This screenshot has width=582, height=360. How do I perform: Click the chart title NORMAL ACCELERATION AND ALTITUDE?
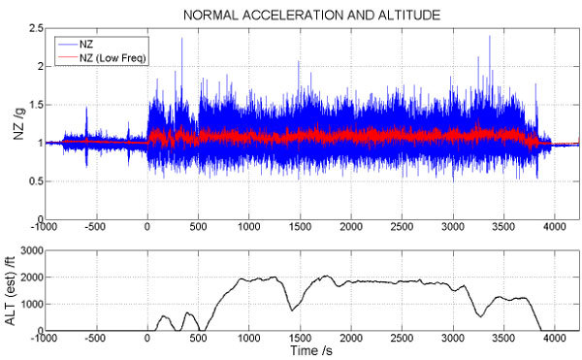tap(311, 16)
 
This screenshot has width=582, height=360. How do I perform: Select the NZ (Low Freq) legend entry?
tap(102, 57)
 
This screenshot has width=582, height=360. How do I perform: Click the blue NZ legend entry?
tap(76, 45)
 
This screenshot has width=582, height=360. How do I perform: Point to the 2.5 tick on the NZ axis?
tap(36, 28)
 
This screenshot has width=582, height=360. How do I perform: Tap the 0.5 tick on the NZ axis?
tap(36, 181)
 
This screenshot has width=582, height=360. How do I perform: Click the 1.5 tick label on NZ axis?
tap(36, 105)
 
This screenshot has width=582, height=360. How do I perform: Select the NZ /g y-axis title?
tap(18, 124)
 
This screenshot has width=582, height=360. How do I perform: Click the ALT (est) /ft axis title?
tap(11, 290)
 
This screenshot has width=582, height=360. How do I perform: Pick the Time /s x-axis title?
tap(311, 350)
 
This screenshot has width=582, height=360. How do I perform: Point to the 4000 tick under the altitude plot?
tap(555, 338)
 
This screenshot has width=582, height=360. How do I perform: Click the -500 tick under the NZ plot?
tap(95, 226)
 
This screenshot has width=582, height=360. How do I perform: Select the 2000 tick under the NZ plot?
tap(351, 226)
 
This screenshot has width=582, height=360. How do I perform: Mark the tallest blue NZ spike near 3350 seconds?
tap(490, 36)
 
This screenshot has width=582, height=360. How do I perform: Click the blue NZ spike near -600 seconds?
tap(86, 108)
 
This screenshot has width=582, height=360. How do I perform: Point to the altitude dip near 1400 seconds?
tap(292, 311)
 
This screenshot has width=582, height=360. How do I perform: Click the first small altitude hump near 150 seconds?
tap(164, 315)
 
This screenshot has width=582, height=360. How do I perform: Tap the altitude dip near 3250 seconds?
tap(481, 316)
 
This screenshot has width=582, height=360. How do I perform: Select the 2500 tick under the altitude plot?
tap(402, 338)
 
